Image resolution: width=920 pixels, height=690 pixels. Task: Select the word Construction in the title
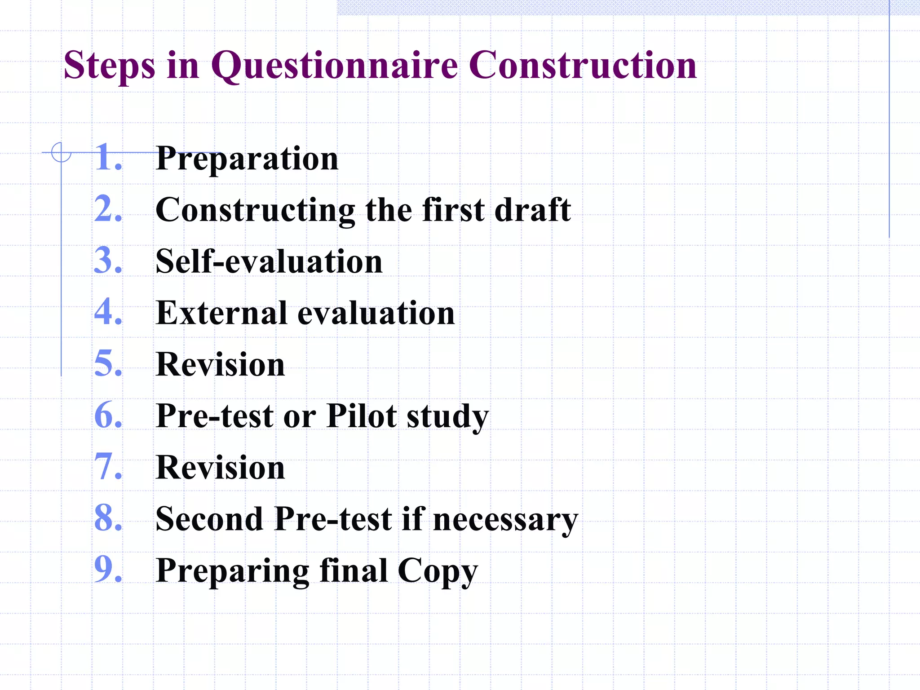click(582, 66)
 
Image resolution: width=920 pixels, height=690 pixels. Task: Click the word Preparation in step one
click(247, 159)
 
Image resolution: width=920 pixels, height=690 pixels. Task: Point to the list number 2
click(108, 209)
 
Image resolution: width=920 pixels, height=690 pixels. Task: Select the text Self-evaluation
click(269, 261)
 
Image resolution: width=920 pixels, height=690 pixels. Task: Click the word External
click(221, 313)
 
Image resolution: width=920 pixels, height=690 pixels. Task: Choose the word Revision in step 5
click(220, 364)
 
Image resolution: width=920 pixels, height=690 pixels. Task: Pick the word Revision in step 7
click(220, 468)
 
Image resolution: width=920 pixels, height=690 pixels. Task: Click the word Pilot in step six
click(362, 416)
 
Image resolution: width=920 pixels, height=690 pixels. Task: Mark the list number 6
click(108, 416)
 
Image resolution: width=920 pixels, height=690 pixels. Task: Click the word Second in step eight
click(209, 519)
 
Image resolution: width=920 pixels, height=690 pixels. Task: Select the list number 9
click(108, 570)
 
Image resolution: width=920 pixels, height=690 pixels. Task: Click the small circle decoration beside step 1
click(61, 152)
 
